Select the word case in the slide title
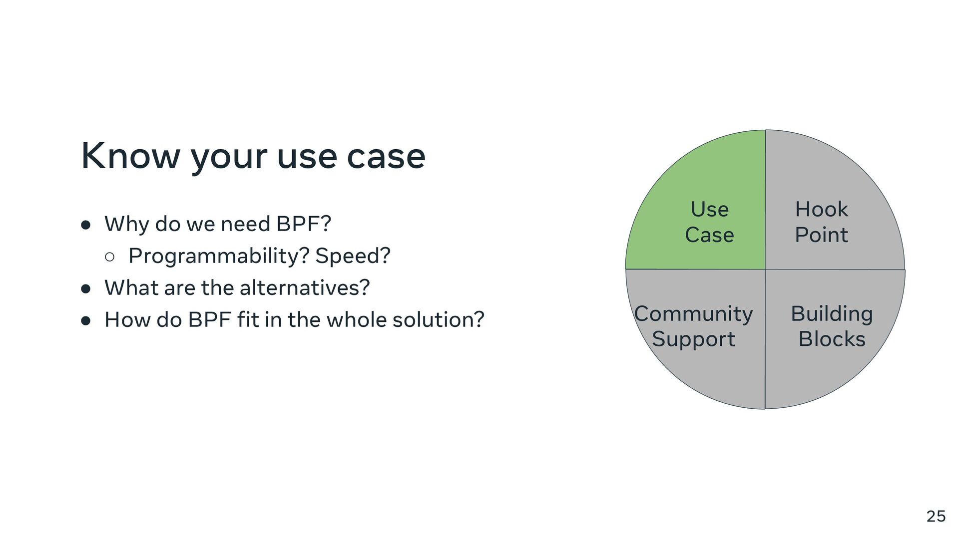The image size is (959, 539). pyautogui.click(x=386, y=156)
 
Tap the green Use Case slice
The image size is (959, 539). pyautogui.click(x=709, y=222)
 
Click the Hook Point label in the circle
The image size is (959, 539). pyautogui.click(x=821, y=222)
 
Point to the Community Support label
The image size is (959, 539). pyautogui.click(x=693, y=326)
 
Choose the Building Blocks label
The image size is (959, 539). pyautogui.click(x=832, y=326)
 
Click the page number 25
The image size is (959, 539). pyautogui.click(x=936, y=516)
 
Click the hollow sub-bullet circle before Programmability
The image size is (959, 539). pyautogui.click(x=110, y=257)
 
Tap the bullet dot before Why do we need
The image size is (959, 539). pyautogui.click(x=86, y=225)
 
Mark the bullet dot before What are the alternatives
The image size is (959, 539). pyautogui.click(x=86, y=289)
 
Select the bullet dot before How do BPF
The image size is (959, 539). pyautogui.click(x=86, y=321)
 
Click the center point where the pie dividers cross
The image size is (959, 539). pyautogui.click(x=765, y=269)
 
